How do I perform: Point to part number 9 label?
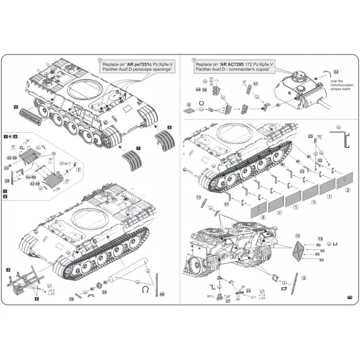point(189,105)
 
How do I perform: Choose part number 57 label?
point(226,205)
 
